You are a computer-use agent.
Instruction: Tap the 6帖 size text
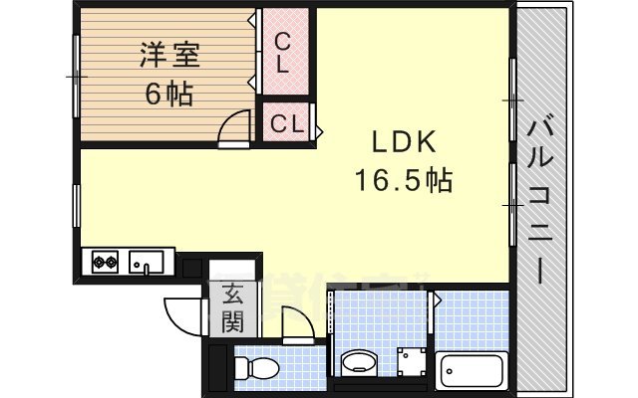pos(168,97)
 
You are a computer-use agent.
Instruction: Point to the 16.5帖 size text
pos(404,180)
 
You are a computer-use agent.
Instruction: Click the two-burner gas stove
pos(105,264)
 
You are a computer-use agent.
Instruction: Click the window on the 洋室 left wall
pos(77,75)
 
